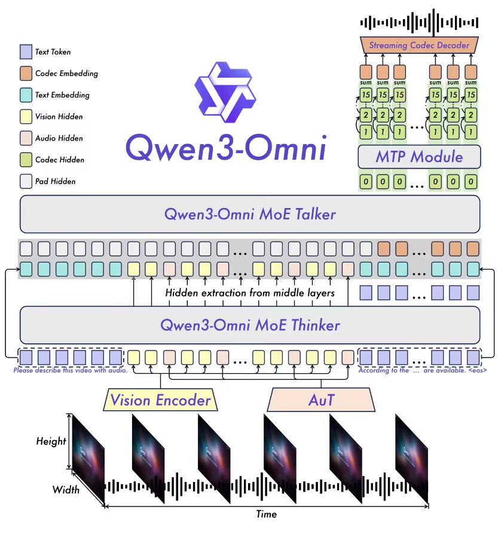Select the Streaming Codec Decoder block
click(x=419, y=45)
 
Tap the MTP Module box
click(x=419, y=157)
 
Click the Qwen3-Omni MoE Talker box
click(x=250, y=214)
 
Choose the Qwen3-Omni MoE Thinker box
click(x=250, y=325)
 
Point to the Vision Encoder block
click(x=161, y=399)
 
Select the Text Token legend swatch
click(x=25, y=52)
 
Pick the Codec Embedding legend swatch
click(x=25, y=74)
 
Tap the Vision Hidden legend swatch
click(x=25, y=117)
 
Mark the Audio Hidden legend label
click(x=59, y=138)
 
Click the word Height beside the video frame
click(x=51, y=441)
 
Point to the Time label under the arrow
click(x=266, y=514)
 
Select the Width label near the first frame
click(x=66, y=490)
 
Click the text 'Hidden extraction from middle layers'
click(x=249, y=293)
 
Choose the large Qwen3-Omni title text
click(x=226, y=147)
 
